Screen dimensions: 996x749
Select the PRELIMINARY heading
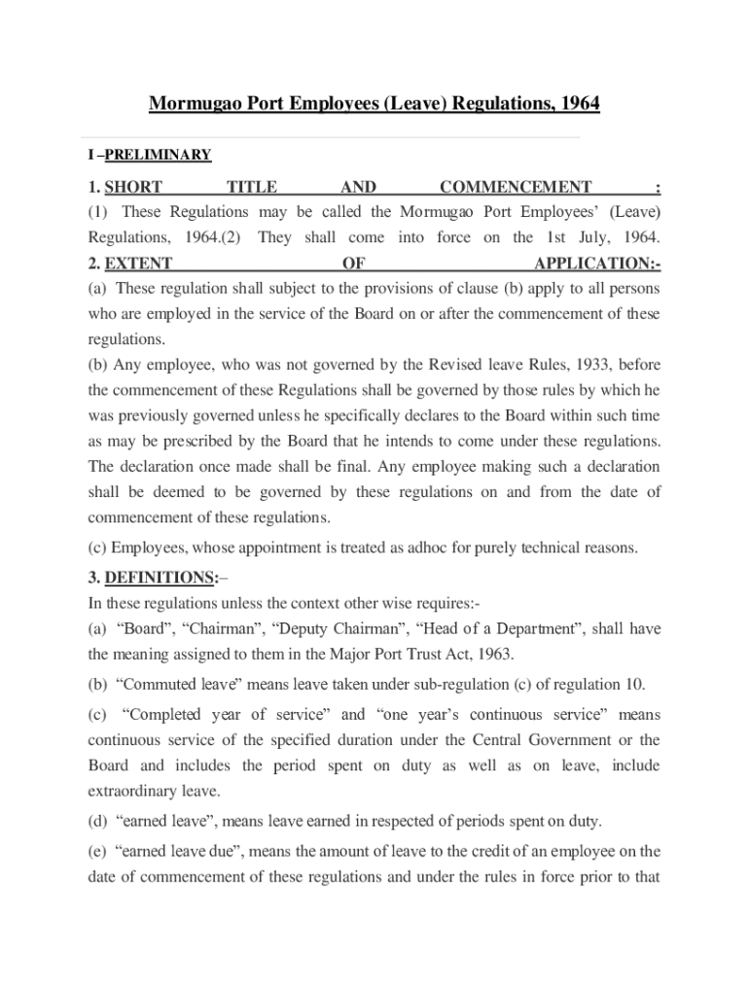click(x=158, y=155)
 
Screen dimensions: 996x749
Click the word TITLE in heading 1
click(x=251, y=187)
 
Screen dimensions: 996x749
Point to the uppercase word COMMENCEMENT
click(x=516, y=187)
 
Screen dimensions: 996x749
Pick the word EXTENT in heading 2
click(x=138, y=263)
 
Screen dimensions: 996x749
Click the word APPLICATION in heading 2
click(x=593, y=263)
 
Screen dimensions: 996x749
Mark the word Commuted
click(x=151, y=683)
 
